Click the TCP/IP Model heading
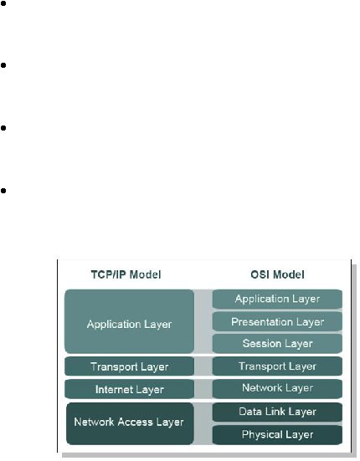[126, 274]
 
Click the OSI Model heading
[277, 274]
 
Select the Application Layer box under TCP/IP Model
[130, 321]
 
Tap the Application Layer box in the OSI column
[277, 299]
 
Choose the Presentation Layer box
[277, 321]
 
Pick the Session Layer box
[277, 343]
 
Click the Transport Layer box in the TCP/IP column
[130, 366]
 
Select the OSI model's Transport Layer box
[277, 366]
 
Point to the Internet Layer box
[130, 389]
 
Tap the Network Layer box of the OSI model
[277, 389]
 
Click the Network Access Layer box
[130, 423]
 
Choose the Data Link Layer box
[277, 412]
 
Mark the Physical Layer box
[277, 435]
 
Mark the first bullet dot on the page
[3, 4]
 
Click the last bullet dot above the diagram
[3, 191]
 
